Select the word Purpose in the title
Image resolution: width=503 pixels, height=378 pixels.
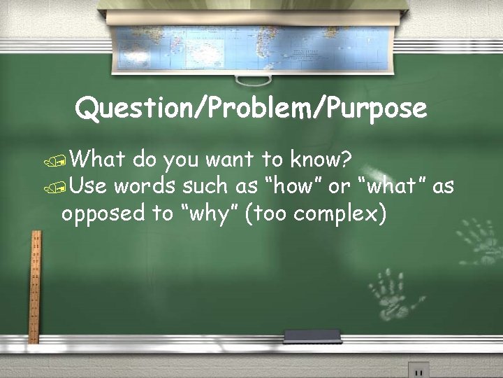click(378, 109)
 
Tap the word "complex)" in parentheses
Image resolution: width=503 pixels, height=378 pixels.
click(340, 213)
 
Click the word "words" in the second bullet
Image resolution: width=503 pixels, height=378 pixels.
click(145, 186)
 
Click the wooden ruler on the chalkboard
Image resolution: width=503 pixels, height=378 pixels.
click(33, 287)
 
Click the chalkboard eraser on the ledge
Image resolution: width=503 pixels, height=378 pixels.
click(312, 337)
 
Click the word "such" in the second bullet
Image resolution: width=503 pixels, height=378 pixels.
click(205, 186)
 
